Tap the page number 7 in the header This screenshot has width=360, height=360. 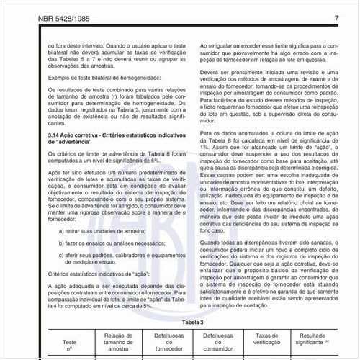336,17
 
